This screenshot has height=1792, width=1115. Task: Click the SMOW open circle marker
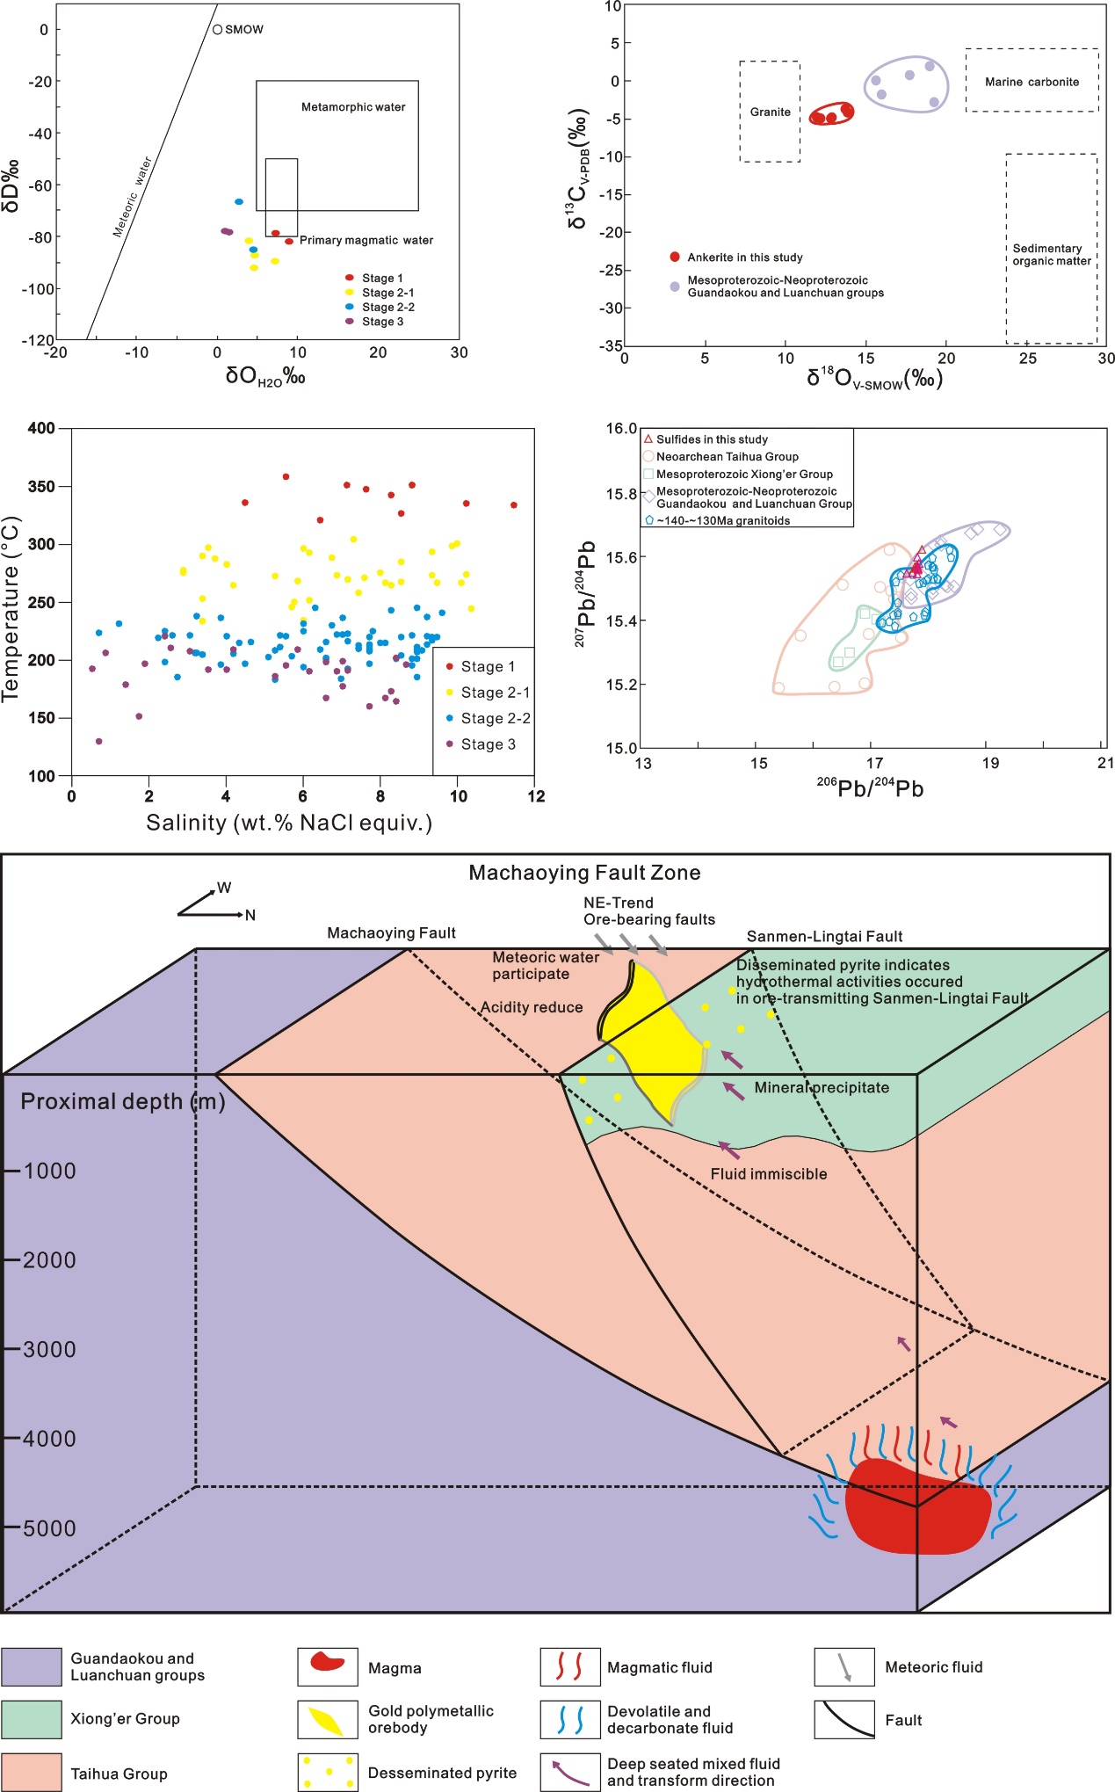coord(217,30)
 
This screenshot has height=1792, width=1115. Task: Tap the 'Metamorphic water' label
coord(353,107)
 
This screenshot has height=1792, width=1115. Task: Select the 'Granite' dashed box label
coord(770,112)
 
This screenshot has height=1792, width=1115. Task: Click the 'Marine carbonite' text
coord(1032,82)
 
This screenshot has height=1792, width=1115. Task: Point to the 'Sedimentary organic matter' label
coord(1051,255)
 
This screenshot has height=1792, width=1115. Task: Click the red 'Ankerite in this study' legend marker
coord(675,257)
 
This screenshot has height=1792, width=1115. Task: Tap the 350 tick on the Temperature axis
coord(41,486)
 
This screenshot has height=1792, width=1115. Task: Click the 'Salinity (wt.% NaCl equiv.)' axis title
coord(289,823)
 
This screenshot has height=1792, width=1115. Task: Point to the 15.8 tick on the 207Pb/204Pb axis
coord(620,494)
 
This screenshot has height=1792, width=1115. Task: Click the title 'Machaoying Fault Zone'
coord(584,873)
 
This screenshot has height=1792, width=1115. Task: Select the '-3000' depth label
coord(48,1349)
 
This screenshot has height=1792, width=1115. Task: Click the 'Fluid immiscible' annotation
coord(769,1174)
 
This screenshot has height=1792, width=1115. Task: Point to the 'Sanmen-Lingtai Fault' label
coord(824,937)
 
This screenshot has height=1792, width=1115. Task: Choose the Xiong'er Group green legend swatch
coord(32,1719)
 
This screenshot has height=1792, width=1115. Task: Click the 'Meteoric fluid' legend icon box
coord(843,1667)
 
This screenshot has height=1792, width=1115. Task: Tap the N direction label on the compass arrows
coord(250,915)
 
